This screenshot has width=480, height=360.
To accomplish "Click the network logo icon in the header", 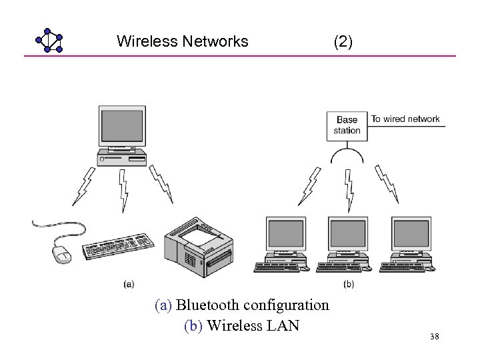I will point(49,41).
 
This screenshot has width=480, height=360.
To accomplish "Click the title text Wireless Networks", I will point(182,41).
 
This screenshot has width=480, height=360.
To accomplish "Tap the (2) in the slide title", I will point(343,41).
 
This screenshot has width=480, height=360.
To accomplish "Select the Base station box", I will point(347,125).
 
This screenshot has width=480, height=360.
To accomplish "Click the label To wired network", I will point(405,119).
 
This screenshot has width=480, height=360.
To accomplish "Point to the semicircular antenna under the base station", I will point(347,156).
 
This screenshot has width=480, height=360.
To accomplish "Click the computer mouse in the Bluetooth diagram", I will point(61,253).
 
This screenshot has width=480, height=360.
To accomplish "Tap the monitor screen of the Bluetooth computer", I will point(121,126).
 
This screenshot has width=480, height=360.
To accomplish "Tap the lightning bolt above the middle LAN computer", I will point(347,190).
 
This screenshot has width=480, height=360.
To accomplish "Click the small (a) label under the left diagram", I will point(129,284).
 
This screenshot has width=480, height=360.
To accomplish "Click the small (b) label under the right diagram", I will point(348,284).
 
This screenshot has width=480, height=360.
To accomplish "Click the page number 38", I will point(435,338).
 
